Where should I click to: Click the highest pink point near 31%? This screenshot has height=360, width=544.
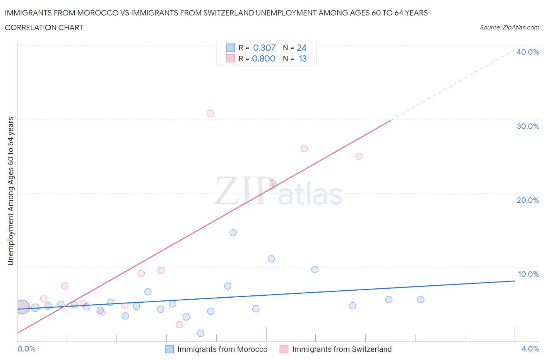[x=210, y=113]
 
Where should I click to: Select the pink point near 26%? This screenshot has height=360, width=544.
[x=304, y=149]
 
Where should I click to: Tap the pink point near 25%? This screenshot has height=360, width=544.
[x=359, y=156]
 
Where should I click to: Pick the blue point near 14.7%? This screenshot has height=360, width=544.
[x=233, y=233]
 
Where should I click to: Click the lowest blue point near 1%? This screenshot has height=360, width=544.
[x=200, y=333]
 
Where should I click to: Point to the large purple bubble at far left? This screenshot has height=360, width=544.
[x=22, y=307]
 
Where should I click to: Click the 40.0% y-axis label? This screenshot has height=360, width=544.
[x=528, y=52]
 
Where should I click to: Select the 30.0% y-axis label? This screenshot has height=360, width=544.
[x=528, y=126]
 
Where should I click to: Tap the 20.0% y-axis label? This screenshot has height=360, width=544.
[x=528, y=200]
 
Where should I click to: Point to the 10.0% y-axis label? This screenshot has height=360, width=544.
[x=528, y=274]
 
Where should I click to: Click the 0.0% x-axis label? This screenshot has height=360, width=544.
[x=26, y=349]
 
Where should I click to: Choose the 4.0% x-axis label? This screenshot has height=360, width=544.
[x=530, y=349]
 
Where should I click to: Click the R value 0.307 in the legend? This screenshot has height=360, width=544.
[x=264, y=48]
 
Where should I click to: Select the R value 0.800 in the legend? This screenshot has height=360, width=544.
[x=264, y=58]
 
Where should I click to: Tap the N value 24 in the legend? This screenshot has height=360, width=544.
[x=301, y=48]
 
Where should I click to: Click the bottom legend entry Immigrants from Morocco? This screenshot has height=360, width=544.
[x=222, y=349]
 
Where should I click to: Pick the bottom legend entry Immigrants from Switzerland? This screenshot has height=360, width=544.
[x=342, y=349]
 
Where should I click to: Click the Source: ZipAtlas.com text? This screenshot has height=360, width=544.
[x=509, y=27]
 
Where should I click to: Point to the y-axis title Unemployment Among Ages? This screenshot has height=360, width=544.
[x=10, y=191]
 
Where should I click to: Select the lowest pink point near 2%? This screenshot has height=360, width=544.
[x=179, y=324]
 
